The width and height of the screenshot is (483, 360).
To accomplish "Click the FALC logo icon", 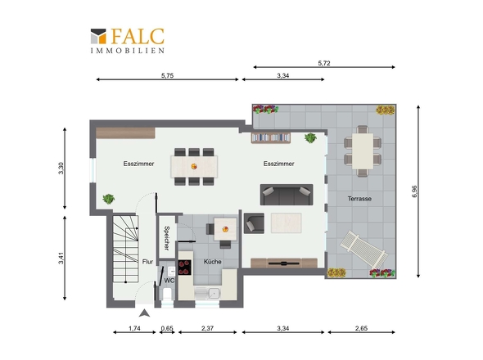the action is [x=98, y=36].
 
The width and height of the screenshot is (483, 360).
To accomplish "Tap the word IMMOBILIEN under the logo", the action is [x=128, y=51].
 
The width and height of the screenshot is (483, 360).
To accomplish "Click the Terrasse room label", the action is [x=359, y=199].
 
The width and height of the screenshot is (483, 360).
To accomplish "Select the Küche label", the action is [x=213, y=262].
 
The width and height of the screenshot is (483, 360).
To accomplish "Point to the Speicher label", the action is [x=167, y=238].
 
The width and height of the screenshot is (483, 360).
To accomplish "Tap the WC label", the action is [x=169, y=281].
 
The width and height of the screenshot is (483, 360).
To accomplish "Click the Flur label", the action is [x=147, y=262].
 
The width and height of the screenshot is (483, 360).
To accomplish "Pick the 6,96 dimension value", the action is [x=414, y=191].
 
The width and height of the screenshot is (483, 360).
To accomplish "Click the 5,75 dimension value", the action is [x=167, y=75].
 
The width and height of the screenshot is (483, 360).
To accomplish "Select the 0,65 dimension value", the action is [x=167, y=328].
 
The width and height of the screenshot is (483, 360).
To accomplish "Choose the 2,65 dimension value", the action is [x=361, y=328].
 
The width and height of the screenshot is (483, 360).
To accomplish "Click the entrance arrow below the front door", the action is [x=144, y=313].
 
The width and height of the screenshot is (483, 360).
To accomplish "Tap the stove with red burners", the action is [x=184, y=268].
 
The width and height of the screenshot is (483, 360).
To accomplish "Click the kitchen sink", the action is [x=213, y=294].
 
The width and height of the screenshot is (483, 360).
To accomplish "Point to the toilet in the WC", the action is [x=167, y=294].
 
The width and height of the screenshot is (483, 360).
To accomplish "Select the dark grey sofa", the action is [x=287, y=195].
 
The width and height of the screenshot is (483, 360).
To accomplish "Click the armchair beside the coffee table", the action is [x=254, y=223].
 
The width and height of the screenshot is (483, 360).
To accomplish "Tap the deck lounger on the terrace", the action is [x=363, y=250].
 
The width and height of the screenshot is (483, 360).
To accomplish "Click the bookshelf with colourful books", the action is [x=271, y=137].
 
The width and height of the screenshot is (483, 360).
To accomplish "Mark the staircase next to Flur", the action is [x=125, y=249].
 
